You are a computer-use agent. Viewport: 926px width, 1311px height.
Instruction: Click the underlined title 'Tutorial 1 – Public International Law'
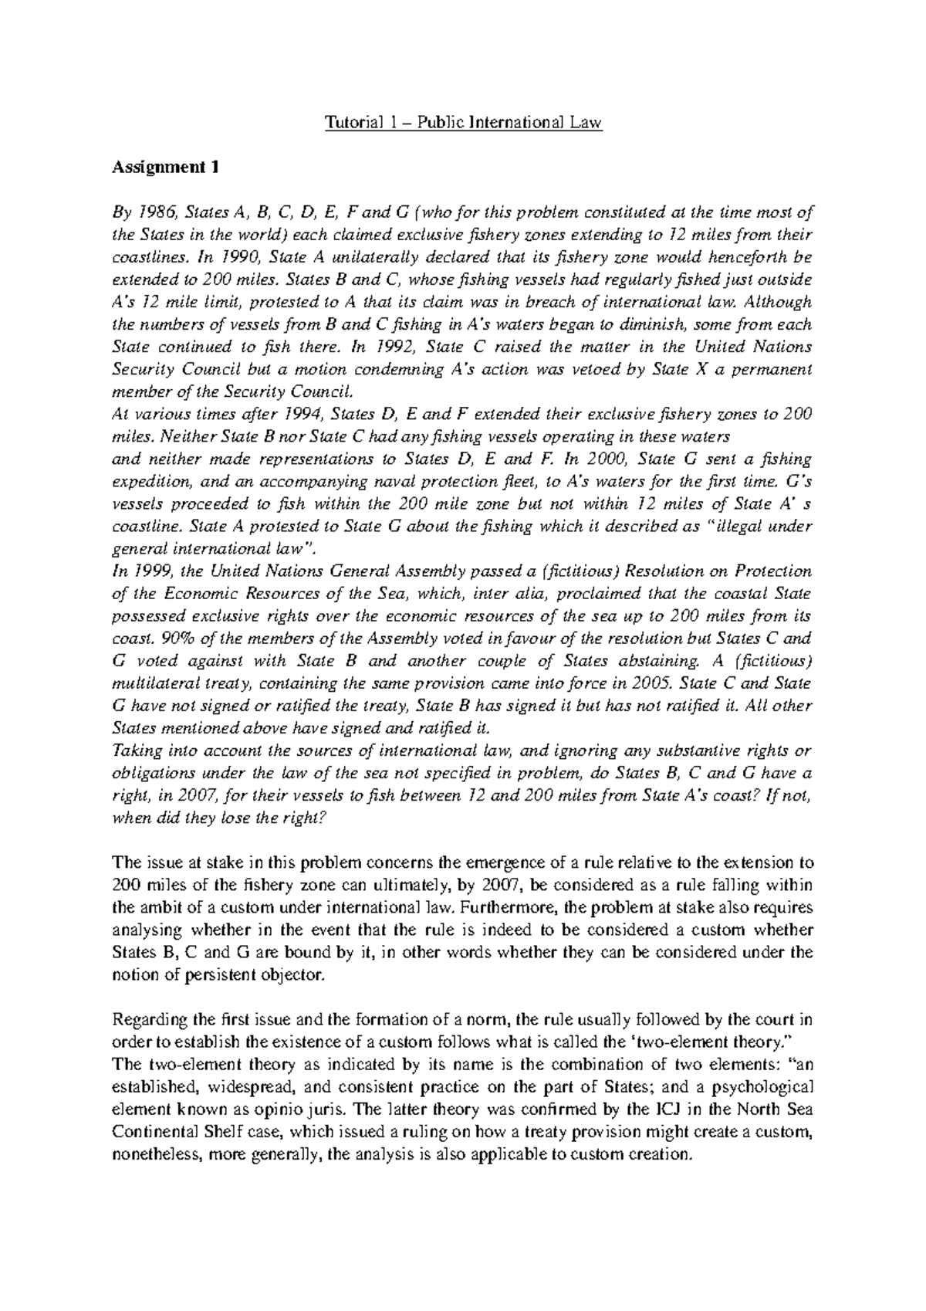coord(463,123)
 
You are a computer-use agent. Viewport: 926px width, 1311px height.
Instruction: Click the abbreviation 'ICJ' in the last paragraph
coord(672,1109)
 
